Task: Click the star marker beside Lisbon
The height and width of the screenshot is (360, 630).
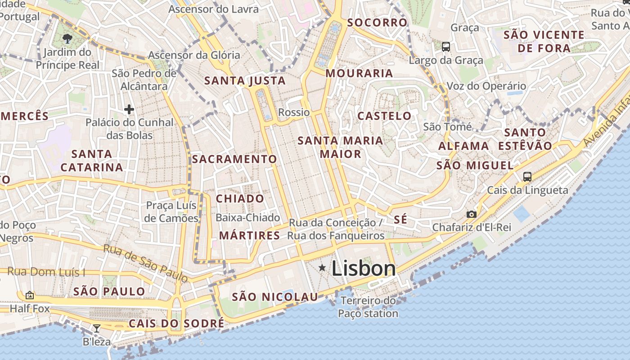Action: coord(322,268)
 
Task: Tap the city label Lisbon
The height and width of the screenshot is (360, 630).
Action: coord(364,269)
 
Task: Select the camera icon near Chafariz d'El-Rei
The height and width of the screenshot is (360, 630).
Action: coord(471,214)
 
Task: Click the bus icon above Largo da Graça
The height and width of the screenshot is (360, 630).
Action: coord(446,46)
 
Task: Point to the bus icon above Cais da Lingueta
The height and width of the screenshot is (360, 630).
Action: coord(527,176)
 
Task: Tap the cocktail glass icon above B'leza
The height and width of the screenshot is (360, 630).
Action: coord(97,328)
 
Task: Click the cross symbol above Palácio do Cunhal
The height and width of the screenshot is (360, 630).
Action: coord(129,109)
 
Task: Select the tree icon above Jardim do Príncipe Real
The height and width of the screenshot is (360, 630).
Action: coord(67,39)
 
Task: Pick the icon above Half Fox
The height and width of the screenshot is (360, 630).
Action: coord(30,295)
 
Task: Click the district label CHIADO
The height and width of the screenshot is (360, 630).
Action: coord(240,199)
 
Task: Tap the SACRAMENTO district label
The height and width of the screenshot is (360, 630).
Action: coord(234,159)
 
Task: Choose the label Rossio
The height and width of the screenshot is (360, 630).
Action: coord(294,112)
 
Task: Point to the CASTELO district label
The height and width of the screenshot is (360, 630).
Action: coord(384,116)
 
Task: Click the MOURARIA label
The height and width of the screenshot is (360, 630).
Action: coord(359,73)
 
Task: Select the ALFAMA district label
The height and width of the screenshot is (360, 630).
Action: coord(463,146)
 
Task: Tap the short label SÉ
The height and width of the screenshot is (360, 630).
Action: coord(400,220)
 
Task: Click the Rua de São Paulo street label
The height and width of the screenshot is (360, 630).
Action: coord(145,263)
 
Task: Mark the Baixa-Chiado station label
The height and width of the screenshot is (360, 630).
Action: coord(248,218)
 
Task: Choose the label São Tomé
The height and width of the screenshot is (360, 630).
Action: coord(447,127)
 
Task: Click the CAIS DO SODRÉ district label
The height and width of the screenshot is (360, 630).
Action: coord(176,324)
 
